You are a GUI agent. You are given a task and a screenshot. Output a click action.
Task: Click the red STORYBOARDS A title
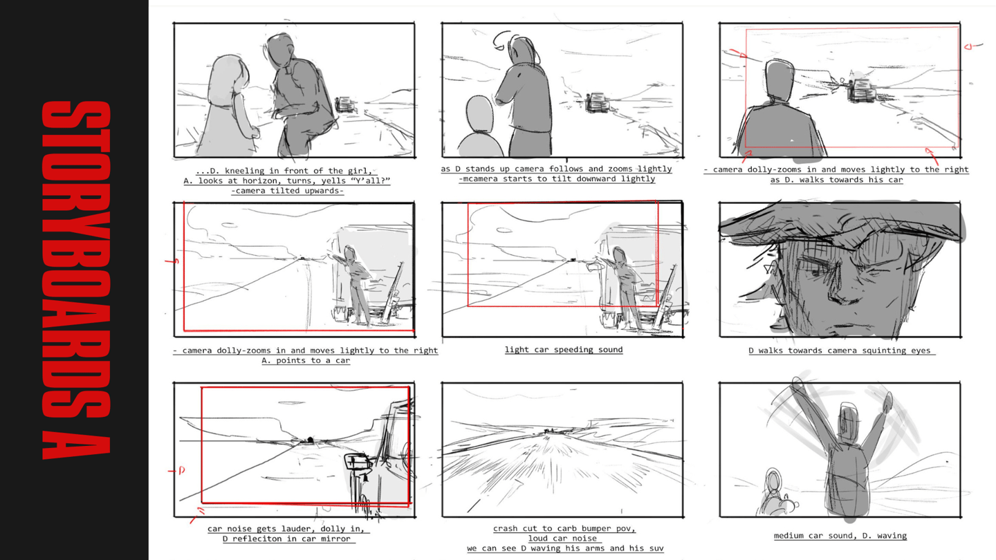click(x=76, y=280)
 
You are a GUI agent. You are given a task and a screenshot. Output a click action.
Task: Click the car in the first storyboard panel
click(x=346, y=105)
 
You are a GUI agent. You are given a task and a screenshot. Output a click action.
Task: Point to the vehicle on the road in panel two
click(x=597, y=102)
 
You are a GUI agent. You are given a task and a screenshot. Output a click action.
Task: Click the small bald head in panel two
click(x=479, y=114)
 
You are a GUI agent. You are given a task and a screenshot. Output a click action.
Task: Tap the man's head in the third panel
click(x=779, y=82)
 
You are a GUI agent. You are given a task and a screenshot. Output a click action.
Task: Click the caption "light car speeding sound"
click(x=563, y=350)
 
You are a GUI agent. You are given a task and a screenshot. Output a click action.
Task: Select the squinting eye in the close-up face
click(x=816, y=270)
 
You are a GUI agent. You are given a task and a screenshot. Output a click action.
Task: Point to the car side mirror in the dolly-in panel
click(x=358, y=461)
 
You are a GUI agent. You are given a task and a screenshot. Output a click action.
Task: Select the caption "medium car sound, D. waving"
click(x=840, y=536)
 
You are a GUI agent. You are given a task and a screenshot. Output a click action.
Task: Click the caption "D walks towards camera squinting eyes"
click(x=840, y=351)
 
